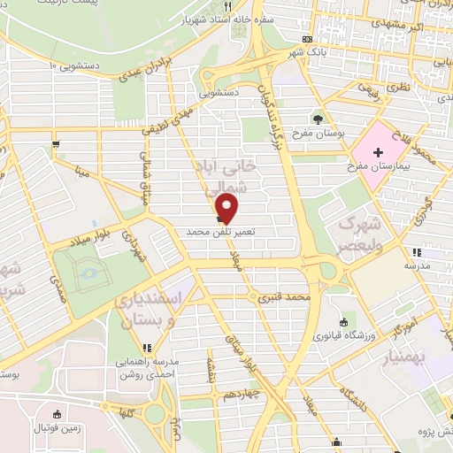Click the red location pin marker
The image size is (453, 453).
pos(228,208)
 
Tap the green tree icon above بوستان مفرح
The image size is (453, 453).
pos(318,119)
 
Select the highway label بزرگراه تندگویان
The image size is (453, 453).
pos(262,92)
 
